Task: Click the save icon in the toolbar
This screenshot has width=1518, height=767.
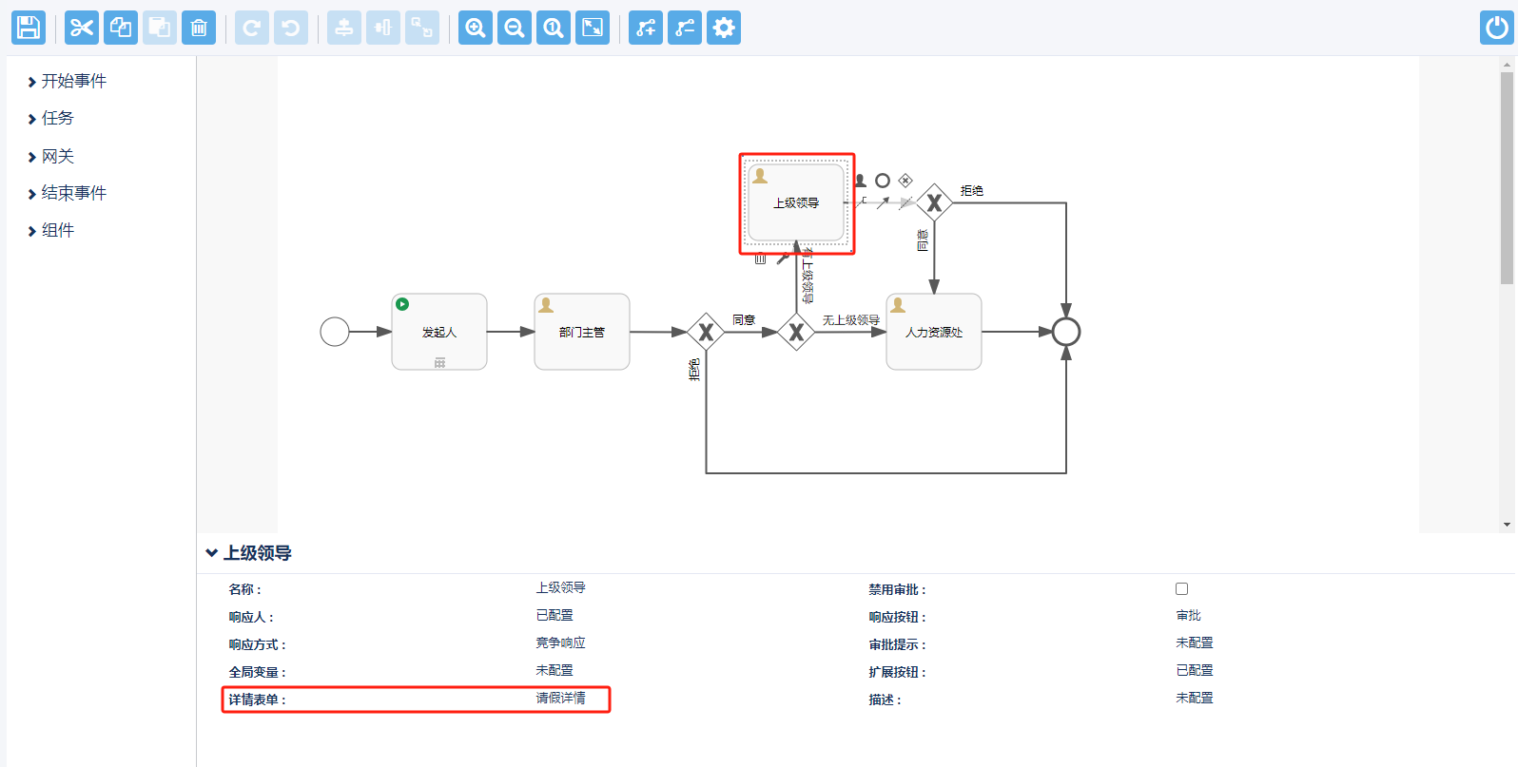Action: click(29, 28)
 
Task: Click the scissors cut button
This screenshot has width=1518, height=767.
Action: click(82, 28)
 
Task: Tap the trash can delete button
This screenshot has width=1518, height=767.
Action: click(199, 28)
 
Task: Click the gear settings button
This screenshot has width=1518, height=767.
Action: click(724, 28)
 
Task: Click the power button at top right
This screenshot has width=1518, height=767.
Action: click(1497, 28)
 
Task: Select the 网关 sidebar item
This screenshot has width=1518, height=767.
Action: click(57, 157)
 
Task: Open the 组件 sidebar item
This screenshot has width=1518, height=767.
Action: click(57, 231)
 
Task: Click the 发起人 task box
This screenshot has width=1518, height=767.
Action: click(439, 332)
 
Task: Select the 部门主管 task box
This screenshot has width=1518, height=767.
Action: click(582, 332)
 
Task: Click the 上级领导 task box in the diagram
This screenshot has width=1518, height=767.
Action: click(796, 203)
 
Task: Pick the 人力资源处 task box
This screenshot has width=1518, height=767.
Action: click(934, 332)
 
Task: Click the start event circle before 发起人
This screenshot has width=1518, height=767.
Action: click(335, 332)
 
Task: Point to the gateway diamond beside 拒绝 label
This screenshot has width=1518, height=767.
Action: click(934, 202)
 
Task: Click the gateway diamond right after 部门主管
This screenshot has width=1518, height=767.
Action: click(706, 332)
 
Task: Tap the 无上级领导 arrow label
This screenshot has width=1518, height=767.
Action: click(850, 320)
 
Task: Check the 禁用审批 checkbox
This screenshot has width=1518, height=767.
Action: click(1181, 589)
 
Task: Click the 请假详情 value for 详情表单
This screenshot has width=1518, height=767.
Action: click(560, 699)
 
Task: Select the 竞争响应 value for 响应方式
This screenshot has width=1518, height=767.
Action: click(560, 643)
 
